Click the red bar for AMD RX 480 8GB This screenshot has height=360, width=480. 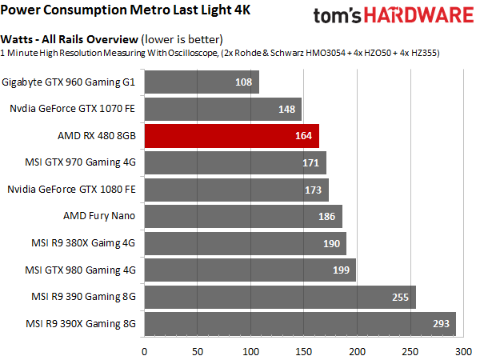231,136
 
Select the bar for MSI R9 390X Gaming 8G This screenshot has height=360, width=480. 299,324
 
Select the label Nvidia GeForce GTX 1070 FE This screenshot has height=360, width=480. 72,109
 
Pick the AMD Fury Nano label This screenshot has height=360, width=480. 99,216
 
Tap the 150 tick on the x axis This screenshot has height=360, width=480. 303,350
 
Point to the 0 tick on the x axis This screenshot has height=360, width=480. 144,350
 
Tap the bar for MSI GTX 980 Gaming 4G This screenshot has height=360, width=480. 250,270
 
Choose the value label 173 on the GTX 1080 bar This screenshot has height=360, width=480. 314,190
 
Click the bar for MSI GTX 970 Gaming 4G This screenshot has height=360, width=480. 234,163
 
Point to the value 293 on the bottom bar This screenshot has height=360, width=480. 441,324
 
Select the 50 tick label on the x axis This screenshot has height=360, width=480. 197,350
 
